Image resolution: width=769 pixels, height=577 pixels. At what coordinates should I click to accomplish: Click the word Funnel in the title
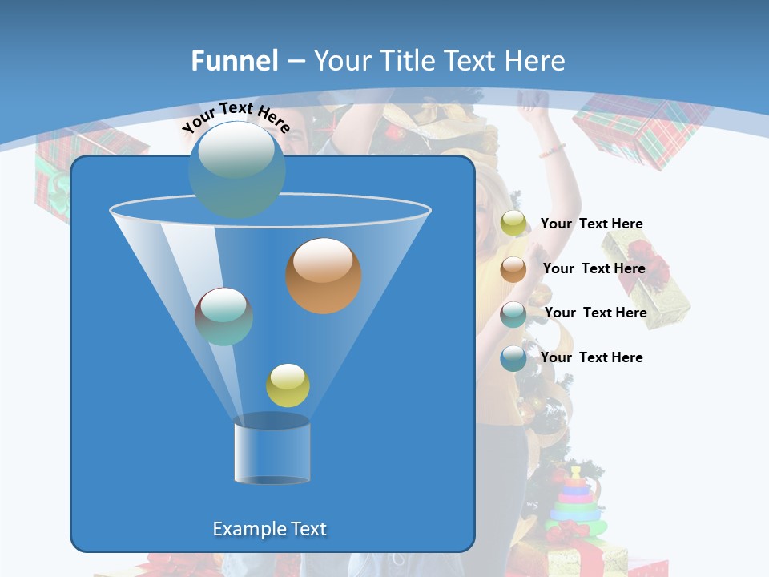click(x=234, y=61)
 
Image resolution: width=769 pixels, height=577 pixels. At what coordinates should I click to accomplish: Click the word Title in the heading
click(x=404, y=61)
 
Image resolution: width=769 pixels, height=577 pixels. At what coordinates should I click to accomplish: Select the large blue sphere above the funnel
click(x=237, y=168)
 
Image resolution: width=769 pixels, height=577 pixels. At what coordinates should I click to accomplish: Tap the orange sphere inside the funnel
click(x=324, y=276)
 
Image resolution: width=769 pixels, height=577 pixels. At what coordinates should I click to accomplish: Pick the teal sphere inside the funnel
click(x=224, y=317)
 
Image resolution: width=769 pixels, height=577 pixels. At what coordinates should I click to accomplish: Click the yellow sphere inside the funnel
click(x=288, y=385)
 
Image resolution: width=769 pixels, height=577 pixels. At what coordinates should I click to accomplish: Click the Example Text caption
click(x=270, y=529)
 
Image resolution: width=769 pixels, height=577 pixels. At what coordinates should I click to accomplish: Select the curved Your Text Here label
click(x=236, y=117)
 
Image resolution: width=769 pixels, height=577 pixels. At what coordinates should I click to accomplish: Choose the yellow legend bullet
click(x=513, y=224)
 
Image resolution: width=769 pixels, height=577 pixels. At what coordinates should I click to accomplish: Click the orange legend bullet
click(x=513, y=268)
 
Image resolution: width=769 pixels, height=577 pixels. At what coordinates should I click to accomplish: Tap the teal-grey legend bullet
click(x=513, y=313)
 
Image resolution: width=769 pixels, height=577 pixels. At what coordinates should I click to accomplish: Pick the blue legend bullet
click(x=513, y=357)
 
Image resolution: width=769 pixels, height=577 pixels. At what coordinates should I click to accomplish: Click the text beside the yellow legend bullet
click(x=591, y=224)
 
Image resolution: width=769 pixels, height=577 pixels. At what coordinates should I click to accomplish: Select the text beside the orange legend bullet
click(x=594, y=268)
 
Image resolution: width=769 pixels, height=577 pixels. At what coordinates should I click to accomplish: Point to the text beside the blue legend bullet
click(x=591, y=357)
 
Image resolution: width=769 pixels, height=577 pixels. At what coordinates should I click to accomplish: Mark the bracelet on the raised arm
click(x=552, y=150)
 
